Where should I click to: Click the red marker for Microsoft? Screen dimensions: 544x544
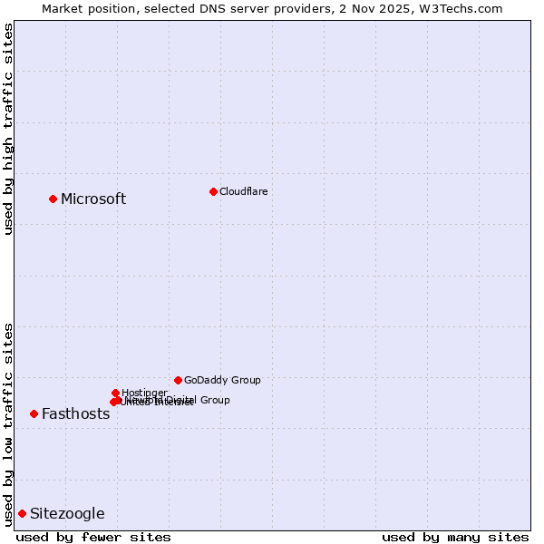click(53, 199)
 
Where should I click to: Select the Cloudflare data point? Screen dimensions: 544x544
click(213, 191)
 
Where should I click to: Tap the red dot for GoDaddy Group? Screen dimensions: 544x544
click(178, 380)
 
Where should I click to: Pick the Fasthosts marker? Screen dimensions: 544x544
click(34, 413)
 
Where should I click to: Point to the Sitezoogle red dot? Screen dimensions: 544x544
click(22, 513)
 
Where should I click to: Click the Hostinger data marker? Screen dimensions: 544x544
click(115, 393)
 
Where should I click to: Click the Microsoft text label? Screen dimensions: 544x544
click(93, 199)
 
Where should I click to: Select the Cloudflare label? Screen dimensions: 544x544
click(244, 191)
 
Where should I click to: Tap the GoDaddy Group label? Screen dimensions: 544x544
click(222, 380)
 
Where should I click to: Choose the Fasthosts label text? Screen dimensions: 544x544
click(75, 414)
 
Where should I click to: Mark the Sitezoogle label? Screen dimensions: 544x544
click(67, 514)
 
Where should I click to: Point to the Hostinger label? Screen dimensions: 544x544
click(144, 393)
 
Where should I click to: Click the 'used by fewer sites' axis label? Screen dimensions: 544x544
click(93, 537)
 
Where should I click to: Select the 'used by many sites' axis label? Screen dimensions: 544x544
click(455, 537)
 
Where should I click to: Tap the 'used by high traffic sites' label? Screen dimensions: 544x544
click(9, 129)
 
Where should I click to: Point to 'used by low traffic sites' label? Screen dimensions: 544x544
click(9, 424)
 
